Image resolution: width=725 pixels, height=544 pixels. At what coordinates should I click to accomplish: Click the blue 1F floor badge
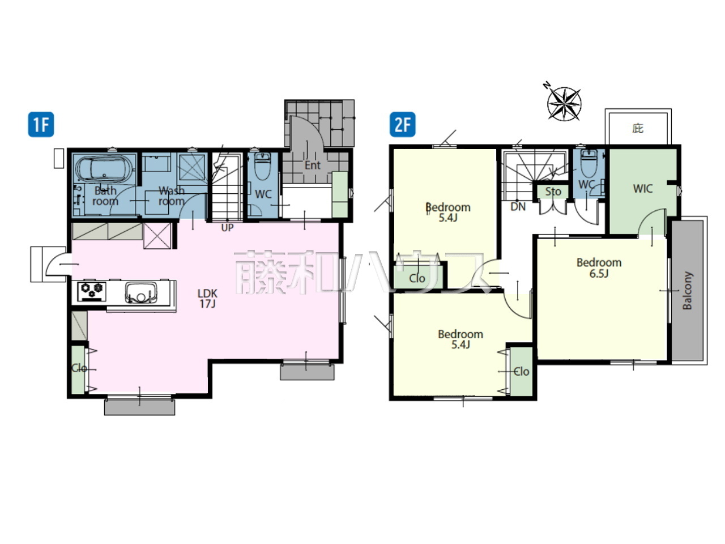click(x=41, y=125)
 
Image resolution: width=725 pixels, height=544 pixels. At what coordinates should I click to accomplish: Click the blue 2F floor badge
click(x=403, y=125)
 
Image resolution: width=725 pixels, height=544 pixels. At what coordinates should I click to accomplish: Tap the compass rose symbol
click(x=564, y=103)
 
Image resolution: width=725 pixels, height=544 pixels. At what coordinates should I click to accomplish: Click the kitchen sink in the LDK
click(x=141, y=292)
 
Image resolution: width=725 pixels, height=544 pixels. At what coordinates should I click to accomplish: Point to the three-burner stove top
click(x=92, y=291)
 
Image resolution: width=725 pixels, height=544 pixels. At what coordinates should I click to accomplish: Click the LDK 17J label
click(x=207, y=298)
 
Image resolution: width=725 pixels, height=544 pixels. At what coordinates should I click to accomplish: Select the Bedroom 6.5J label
click(x=599, y=268)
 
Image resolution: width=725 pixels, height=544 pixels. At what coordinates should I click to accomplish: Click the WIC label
click(x=643, y=189)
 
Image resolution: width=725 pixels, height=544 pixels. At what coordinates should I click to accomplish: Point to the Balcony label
click(x=688, y=291)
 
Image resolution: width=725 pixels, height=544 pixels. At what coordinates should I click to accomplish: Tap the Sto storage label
click(x=553, y=192)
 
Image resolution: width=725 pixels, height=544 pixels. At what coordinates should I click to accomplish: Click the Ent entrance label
click(x=312, y=165)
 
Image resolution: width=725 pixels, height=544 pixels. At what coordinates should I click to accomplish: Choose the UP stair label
click(x=227, y=228)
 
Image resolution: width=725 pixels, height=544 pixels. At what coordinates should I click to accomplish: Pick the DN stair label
click(x=518, y=207)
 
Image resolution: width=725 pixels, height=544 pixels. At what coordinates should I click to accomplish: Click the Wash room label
click(x=172, y=196)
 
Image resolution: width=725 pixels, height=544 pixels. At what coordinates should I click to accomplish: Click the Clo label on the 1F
click(x=79, y=368)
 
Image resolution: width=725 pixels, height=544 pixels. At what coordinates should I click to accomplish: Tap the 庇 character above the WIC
click(x=638, y=128)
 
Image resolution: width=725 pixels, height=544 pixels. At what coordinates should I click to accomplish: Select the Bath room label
click(x=105, y=196)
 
